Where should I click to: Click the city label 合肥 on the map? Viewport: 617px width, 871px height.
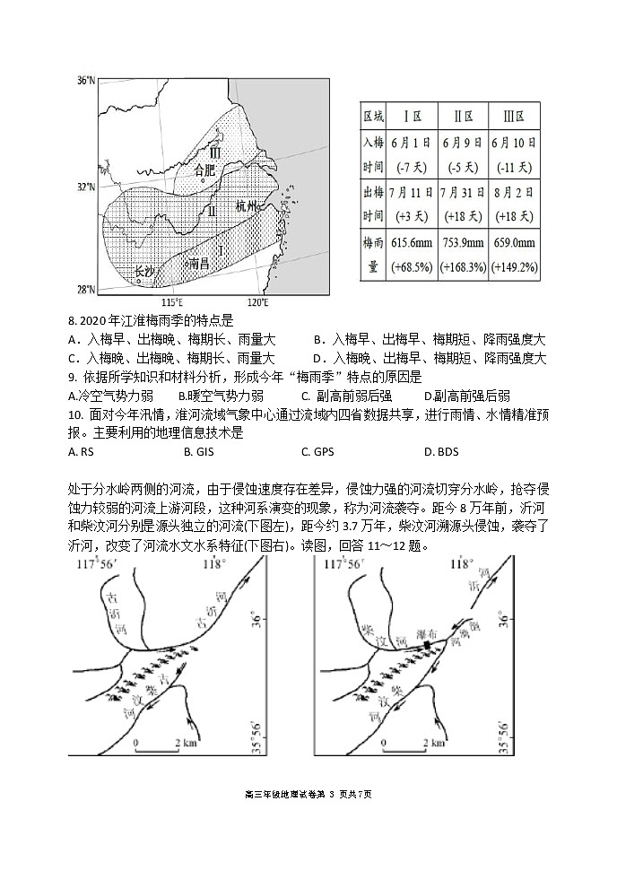(x=205, y=169)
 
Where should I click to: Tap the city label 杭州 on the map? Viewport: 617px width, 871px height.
(x=246, y=205)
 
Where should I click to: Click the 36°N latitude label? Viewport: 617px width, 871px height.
(x=85, y=81)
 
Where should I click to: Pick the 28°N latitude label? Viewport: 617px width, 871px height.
(x=85, y=289)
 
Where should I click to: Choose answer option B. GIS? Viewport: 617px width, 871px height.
(x=195, y=451)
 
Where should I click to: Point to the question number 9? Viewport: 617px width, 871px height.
(x=72, y=377)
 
